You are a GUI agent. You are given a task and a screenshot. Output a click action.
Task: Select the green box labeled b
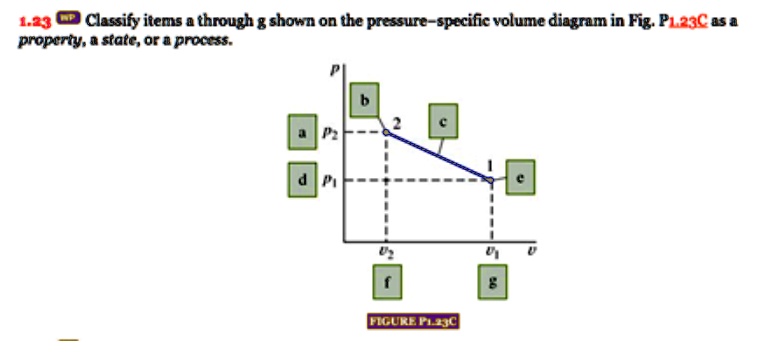coord(366,99)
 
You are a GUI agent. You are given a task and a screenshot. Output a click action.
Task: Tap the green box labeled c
coord(443,121)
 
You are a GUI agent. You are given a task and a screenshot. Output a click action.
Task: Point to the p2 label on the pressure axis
coord(326,132)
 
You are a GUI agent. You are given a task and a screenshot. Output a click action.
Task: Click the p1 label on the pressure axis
coord(326,181)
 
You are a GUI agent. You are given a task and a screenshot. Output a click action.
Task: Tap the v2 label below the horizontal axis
coord(385,253)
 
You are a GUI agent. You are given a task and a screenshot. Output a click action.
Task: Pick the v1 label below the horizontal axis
coord(490,253)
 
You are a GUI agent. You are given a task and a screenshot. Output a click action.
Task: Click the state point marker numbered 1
coord(490,180)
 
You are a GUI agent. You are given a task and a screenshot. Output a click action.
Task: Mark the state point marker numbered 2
coord(386,131)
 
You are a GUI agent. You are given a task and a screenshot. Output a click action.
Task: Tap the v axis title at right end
coord(531,252)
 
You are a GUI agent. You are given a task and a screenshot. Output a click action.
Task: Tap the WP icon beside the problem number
coord(69,18)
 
